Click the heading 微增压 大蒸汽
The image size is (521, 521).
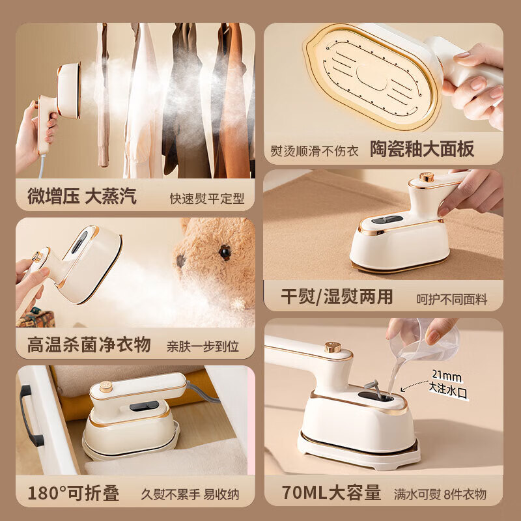point(82,197)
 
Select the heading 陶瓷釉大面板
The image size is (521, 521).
point(422,148)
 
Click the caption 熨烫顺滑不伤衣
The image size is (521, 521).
point(315,150)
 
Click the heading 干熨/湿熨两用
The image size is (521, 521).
point(337,297)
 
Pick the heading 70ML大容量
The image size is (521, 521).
point(332,493)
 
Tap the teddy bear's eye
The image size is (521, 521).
point(225,251)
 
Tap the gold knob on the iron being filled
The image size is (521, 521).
point(332,347)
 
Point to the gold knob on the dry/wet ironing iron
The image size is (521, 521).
point(427,176)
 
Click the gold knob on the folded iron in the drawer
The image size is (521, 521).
point(106,386)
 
